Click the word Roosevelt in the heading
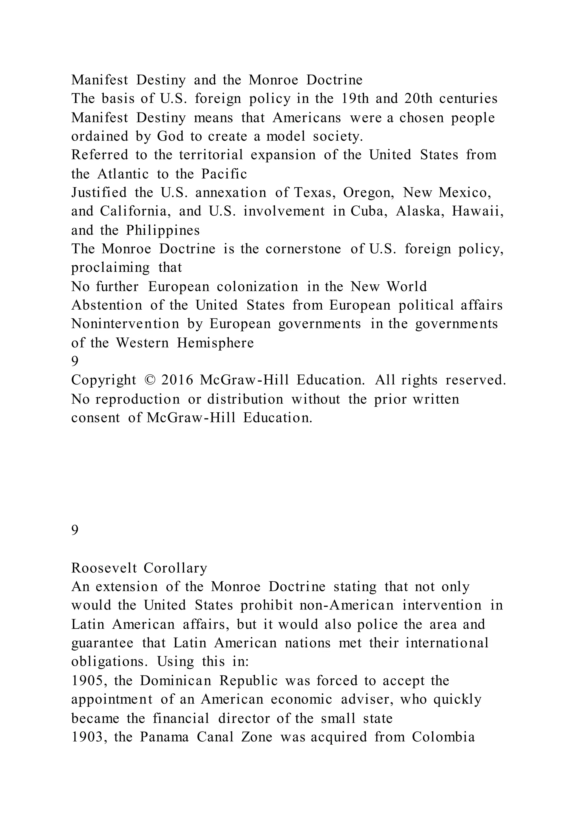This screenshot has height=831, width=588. point(104,568)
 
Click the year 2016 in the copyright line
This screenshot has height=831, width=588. point(177,380)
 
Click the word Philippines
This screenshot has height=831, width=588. point(163,230)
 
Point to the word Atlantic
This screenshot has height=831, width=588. point(123,174)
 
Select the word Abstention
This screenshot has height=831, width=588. point(107,305)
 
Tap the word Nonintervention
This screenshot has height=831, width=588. point(125,324)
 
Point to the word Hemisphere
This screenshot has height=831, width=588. point(215,343)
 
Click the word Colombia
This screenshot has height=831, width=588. point(443,737)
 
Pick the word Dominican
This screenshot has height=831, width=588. point(176,681)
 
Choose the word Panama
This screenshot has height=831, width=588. point(165,737)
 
